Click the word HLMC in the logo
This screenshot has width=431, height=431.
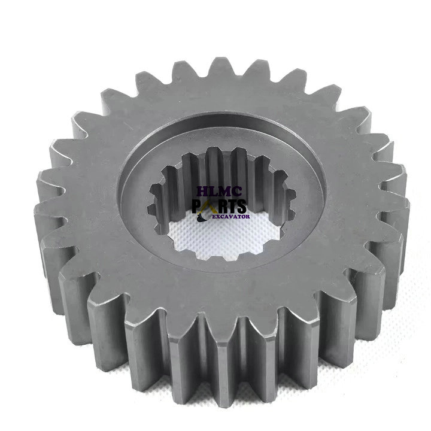(x=220, y=192)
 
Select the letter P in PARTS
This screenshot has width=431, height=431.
(x=198, y=206)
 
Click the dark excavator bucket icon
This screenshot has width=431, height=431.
(x=202, y=217)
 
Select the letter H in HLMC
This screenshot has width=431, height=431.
(x=204, y=192)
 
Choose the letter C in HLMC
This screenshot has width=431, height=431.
(x=238, y=192)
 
